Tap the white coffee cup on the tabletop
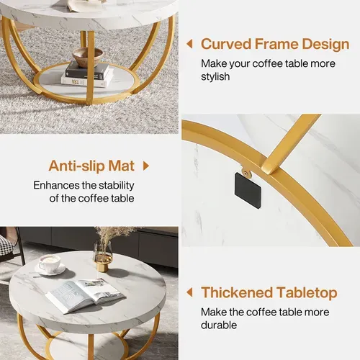coord(50,264)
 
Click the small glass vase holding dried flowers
coord(103,256)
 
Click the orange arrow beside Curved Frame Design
coord(189,44)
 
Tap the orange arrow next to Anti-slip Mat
coord(146,166)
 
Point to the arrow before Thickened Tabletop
coord(189,292)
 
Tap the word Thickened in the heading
coord(236,292)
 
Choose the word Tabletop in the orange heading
coord(305,292)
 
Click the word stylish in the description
coord(215,76)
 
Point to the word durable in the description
coord(220,325)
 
